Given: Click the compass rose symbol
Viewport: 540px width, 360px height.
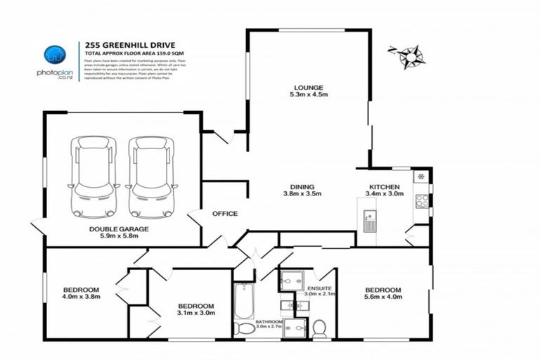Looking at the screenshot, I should tap(406, 56).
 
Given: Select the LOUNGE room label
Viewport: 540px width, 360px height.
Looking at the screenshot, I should tap(308, 88).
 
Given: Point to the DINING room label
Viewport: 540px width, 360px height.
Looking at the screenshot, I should tap(302, 187).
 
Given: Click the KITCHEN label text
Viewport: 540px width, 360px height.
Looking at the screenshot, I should tap(384, 187).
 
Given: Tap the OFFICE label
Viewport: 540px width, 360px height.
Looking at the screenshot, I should tap(225, 214).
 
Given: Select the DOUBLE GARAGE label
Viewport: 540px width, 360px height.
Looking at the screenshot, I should tap(113, 229).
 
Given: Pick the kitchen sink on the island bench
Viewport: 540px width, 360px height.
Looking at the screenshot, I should tap(370, 222).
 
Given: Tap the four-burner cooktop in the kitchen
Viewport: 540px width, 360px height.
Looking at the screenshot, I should tap(423, 201).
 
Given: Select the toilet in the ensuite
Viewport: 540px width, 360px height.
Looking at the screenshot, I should tap(319, 328).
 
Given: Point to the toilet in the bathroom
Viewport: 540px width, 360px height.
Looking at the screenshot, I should tap(245, 328).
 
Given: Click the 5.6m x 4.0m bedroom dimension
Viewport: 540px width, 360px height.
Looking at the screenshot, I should tap(383, 297).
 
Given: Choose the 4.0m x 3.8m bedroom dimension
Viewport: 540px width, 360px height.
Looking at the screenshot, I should tap(82, 297).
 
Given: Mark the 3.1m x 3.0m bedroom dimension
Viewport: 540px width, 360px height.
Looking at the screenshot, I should tap(195, 314).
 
